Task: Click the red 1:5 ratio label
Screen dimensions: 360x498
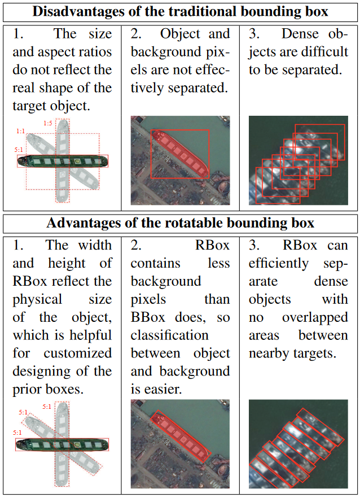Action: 47,123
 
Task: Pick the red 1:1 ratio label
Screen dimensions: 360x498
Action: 21,131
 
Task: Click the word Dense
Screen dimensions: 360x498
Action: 300,34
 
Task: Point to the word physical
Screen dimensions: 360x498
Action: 37,300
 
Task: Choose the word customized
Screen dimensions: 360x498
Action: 78,353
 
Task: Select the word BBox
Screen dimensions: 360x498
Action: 148,317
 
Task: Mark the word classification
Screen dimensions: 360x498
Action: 169,335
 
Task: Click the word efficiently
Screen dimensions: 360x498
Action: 278,264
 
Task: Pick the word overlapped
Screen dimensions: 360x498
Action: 315,317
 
